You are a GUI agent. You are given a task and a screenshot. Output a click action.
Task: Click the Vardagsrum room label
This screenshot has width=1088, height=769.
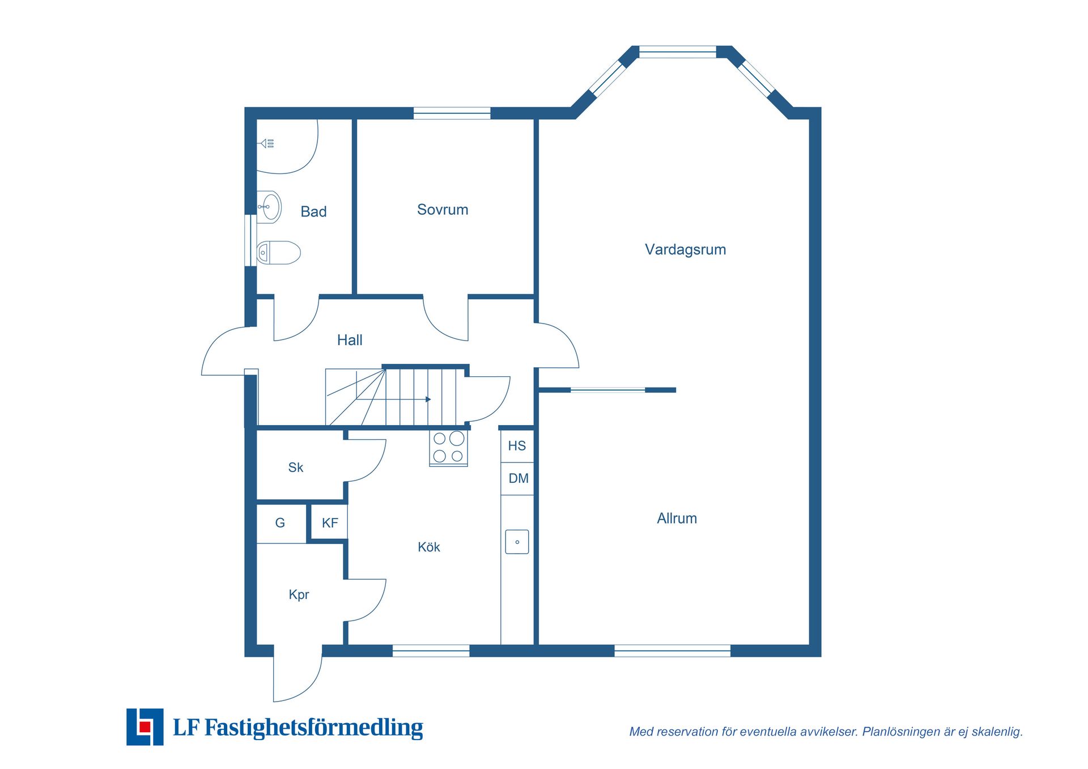(x=685, y=249)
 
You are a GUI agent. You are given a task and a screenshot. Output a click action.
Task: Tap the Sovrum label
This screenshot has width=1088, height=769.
(x=443, y=210)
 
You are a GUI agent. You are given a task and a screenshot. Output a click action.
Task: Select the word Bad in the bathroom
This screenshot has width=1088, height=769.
(x=313, y=211)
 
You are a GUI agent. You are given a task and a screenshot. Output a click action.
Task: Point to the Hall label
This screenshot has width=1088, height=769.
(x=350, y=340)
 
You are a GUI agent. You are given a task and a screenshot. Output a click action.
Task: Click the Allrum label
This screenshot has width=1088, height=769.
(x=677, y=518)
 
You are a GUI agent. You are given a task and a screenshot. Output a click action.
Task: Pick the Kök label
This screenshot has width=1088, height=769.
(x=429, y=547)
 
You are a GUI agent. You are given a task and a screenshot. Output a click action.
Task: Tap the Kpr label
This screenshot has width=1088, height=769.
(x=299, y=595)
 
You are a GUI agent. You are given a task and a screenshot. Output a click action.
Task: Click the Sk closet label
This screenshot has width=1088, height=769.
(x=296, y=468)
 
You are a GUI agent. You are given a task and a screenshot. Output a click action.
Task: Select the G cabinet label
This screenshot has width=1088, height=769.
(x=280, y=523)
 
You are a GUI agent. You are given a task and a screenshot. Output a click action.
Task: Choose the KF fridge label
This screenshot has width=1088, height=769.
(x=330, y=523)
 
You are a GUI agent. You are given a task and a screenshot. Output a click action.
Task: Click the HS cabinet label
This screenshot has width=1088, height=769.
(x=517, y=446)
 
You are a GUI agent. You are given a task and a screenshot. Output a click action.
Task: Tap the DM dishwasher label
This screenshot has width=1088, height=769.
(x=518, y=478)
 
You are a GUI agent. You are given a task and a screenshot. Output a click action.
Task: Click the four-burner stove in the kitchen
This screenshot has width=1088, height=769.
(x=448, y=448)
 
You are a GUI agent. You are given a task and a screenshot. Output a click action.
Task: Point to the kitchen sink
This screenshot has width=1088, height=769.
(x=517, y=542)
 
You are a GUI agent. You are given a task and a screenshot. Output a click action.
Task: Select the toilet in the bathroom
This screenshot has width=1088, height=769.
(x=278, y=253)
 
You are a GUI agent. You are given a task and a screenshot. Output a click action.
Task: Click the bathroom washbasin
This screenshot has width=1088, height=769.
(x=269, y=207)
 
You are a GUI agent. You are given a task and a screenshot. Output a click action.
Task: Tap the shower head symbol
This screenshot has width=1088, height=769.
(x=266, y=143)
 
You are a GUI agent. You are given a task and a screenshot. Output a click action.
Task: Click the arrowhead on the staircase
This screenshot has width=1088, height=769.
(x=428, y=400)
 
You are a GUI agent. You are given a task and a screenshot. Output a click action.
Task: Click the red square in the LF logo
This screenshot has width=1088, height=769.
(x=145, y=727)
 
